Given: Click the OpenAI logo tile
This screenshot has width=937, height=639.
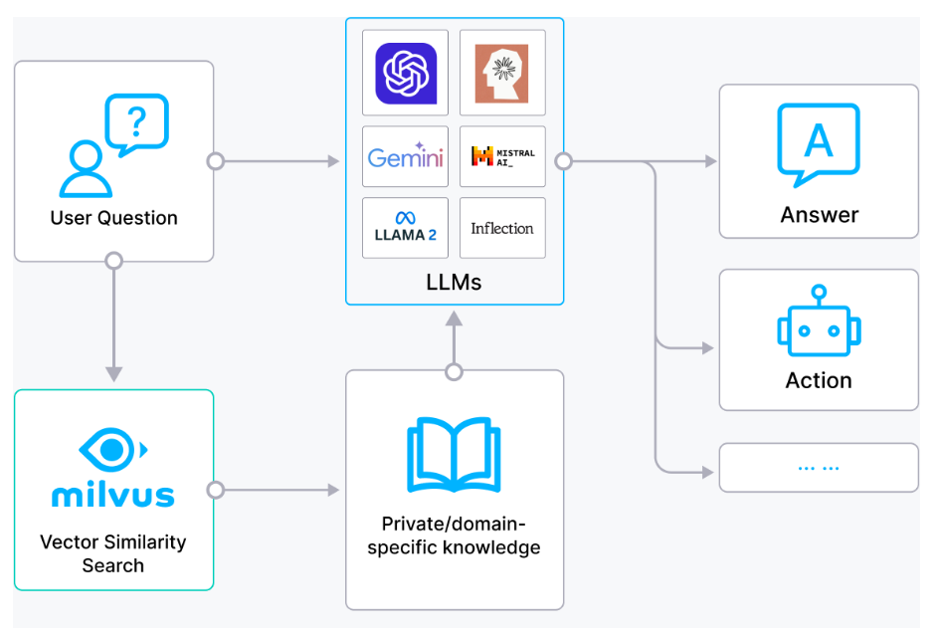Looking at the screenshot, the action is pos(406,73).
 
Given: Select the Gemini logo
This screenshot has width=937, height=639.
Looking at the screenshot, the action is pos(405,156).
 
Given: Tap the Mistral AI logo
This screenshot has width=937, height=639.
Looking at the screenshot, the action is pos(502,156).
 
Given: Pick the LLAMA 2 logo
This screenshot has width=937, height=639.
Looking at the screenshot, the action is pos(405,227).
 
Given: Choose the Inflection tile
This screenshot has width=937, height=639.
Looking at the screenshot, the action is pos(502,228).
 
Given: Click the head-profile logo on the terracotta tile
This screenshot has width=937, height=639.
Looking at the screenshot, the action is pos(502,73).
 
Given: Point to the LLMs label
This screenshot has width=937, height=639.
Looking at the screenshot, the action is pos(454,282).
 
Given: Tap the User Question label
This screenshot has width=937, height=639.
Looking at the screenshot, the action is pos(113,218).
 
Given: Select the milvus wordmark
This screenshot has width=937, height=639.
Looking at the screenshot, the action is pos(113,495).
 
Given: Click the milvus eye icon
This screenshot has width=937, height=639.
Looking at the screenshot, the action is pos(113,450).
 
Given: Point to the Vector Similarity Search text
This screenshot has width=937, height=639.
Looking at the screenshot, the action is pos(113,553).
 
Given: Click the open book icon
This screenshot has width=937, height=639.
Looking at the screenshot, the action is pos(454,454).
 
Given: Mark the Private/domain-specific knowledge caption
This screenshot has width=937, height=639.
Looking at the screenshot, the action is pos(454,535).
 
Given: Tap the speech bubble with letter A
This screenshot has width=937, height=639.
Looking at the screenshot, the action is pos(818,144).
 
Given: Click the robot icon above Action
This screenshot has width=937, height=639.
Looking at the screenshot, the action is pos(819,321).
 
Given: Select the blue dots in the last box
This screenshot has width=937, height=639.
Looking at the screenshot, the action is pos(818,468).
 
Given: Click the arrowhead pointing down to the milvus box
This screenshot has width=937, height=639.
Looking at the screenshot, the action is pos(113,374).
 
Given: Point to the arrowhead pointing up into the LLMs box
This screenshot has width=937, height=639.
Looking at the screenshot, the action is pos(455,319).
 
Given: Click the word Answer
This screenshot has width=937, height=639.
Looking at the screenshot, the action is pos(820,215).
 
